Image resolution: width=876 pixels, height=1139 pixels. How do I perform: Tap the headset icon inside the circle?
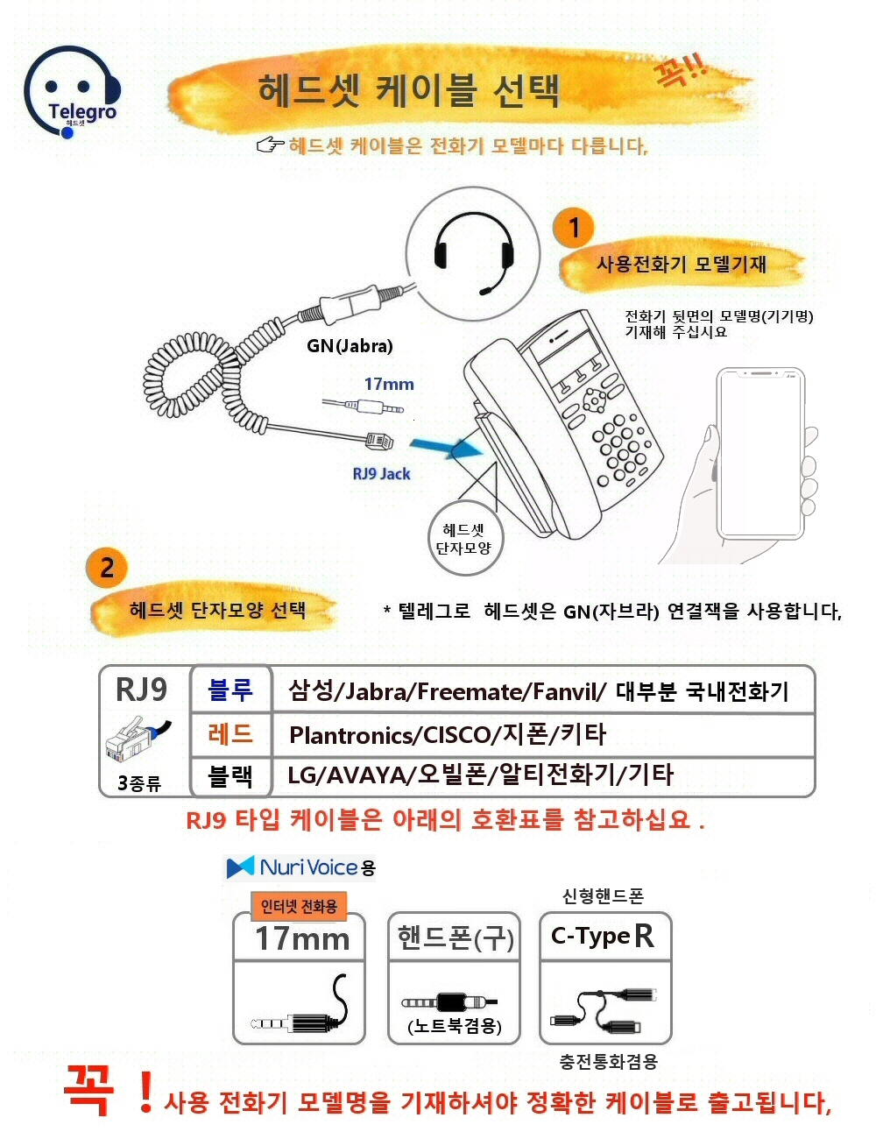[474, 253]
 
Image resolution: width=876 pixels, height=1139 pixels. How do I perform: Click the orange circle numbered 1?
[574, 228]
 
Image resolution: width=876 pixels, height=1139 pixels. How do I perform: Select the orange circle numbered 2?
[107, 567]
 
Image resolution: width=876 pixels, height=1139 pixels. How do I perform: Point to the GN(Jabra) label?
[350, 346]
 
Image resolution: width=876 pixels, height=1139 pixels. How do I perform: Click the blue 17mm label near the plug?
[389, 384]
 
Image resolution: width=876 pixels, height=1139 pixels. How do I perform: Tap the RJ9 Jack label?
[381, 474]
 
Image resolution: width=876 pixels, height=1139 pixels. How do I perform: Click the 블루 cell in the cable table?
[230, 690]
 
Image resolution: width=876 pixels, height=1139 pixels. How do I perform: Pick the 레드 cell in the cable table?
[230, 733]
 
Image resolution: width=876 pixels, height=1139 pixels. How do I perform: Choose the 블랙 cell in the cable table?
[230, 775]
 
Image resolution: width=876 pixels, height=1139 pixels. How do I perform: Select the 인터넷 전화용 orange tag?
[299, 906]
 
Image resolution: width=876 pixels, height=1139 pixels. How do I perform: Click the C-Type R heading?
[604, 937]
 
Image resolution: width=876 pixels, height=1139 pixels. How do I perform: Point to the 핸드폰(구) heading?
[455, 937]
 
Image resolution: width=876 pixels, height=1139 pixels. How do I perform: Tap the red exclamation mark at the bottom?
[145, 1092]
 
